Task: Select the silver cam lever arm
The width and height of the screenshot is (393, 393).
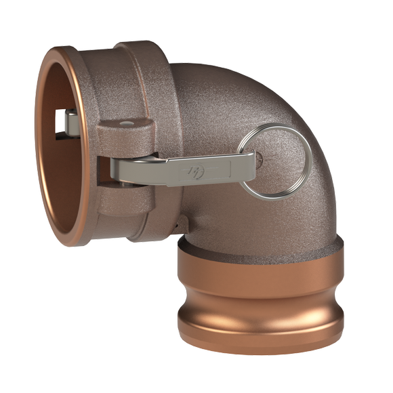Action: pyautogui.click(x=176, y=164)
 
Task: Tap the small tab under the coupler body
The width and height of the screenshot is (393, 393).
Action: pyautogui.click(x=178, y=224)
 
